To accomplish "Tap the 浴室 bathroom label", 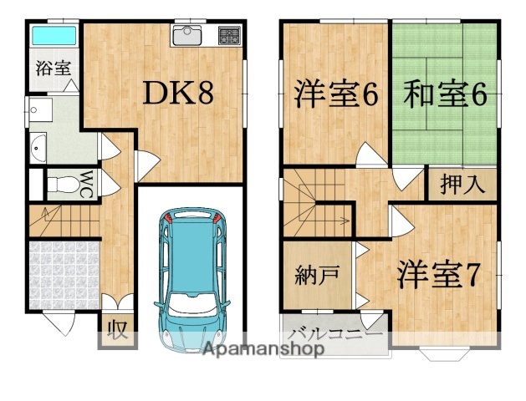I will [52, 69].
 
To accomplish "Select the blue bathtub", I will [54, 37].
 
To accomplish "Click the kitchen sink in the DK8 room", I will [188, 37].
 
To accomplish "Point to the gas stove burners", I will [228, 36].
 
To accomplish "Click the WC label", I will [86, 183].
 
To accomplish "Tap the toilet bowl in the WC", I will [59, 184].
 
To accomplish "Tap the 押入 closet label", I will [462, 185].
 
